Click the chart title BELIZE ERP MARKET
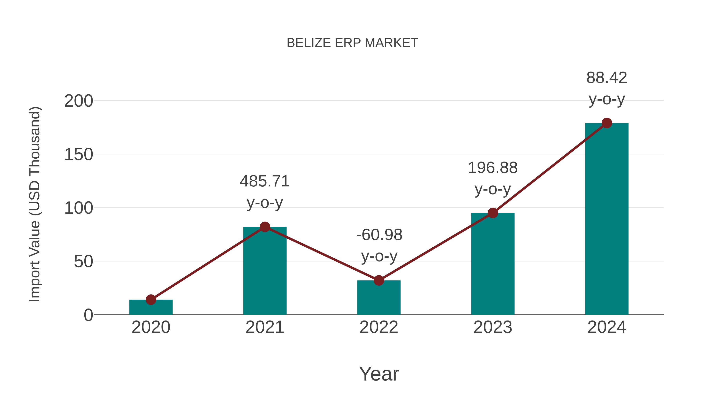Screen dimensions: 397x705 pos(352,43)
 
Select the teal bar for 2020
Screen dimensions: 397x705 pos(151,307)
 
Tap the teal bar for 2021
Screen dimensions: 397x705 pos(265,271)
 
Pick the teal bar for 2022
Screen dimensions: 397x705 pos(379,298)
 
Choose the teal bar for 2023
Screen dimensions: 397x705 pos(493,264)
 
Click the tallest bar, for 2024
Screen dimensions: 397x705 pos(607,219)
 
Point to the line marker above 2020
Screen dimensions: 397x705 pos(151,300)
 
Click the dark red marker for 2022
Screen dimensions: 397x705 pos(379,281)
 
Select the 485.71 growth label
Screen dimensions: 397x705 pos(265,181)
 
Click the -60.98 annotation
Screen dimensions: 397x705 pos(379,235)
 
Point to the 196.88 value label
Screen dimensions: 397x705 pos(493,168)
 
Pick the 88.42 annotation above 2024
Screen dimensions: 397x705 pos(607,78)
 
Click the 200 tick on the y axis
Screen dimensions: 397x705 pos(79,101)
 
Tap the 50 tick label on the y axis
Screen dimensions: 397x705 pos(83,262)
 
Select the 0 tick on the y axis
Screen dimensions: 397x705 pos(88,315)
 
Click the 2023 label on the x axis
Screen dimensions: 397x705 pos(493,327)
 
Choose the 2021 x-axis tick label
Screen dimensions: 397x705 pos(265,327)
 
